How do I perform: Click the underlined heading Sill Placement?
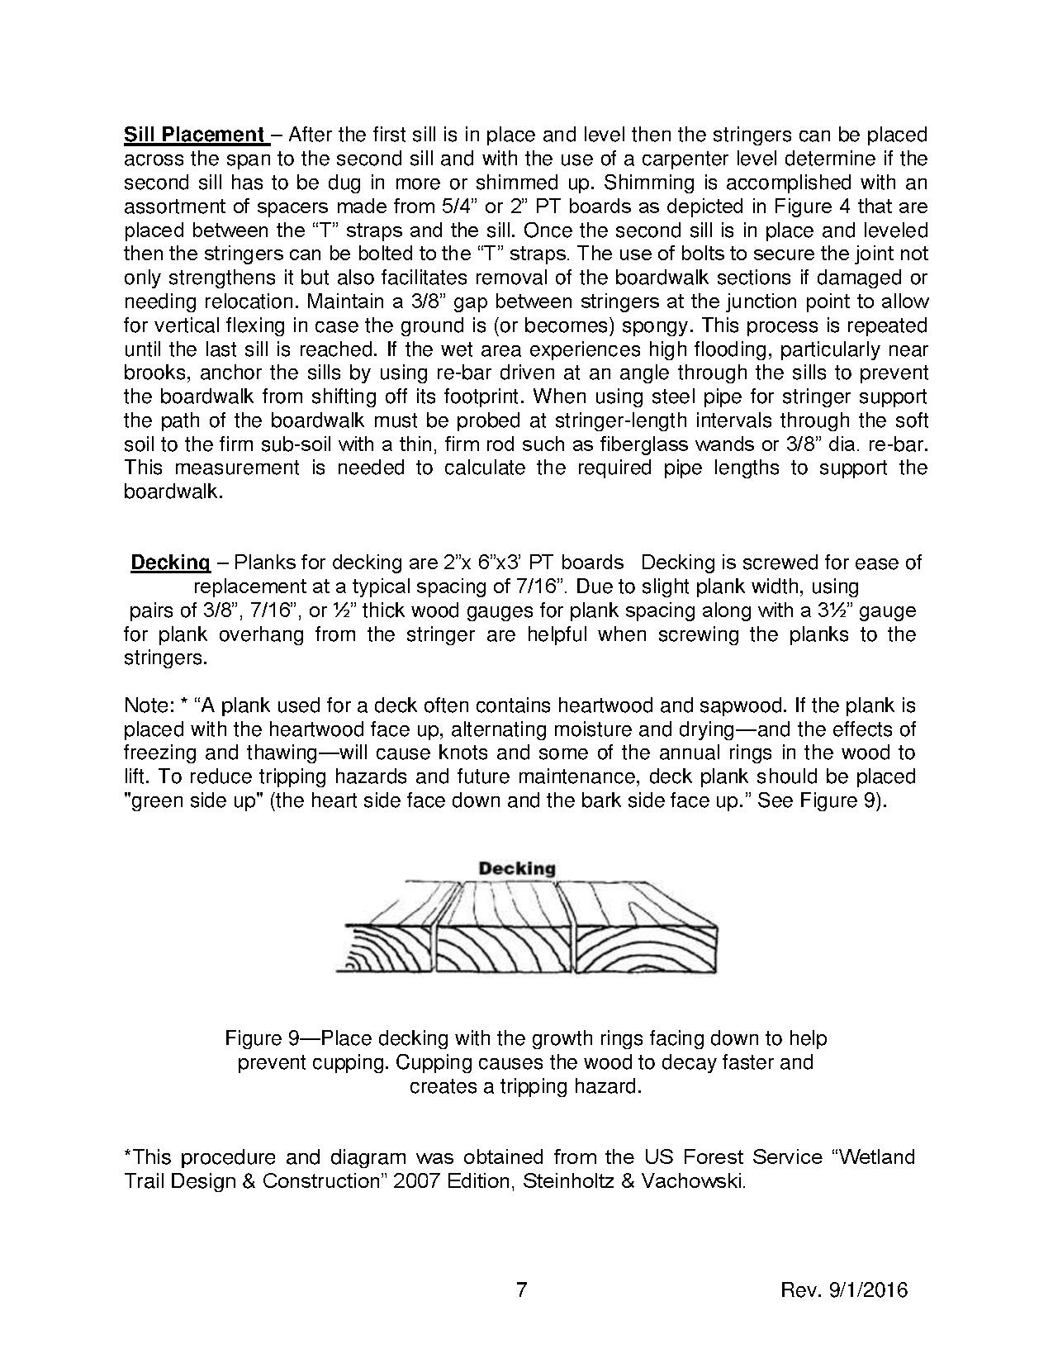pos(192,135)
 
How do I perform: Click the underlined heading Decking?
pos(170,563)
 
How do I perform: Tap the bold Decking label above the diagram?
pos(517,868)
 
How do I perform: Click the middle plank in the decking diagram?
pos(504,947)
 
